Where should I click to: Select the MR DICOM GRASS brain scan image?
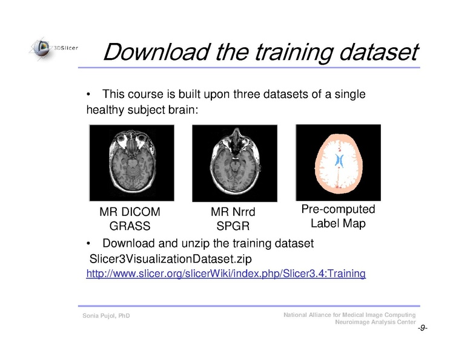point(131,162)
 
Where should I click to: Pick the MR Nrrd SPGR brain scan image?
point(234,162)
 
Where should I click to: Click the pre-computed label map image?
point(337,162)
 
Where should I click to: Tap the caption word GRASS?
point(130,226)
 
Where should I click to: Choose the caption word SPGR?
point(233,226)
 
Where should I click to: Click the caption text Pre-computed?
point(338,209)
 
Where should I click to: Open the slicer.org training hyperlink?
point(226,274)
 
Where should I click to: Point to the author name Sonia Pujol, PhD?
point(106,316)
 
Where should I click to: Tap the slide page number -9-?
point(422,329)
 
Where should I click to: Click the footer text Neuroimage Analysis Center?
point(375,323)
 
